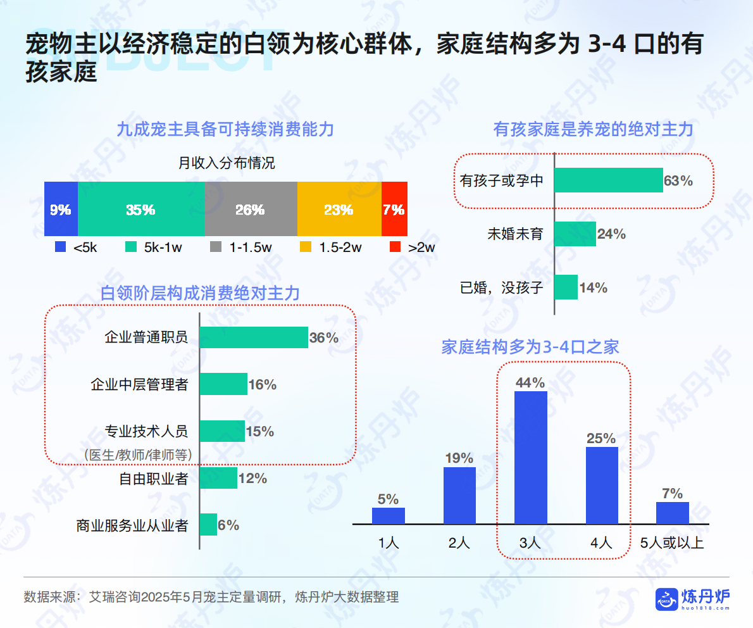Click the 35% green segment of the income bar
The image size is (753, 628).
point(141,209)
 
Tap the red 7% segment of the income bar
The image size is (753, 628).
point(394,209)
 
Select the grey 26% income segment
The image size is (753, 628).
point(251,209)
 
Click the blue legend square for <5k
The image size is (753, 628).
point(61,247)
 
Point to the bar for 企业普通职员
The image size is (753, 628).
point(253,337)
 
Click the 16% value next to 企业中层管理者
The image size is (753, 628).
point(262,384)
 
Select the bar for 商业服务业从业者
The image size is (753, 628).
point(208,525)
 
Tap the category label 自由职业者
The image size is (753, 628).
point(154,479)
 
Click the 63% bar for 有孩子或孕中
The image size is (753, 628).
point(608,180)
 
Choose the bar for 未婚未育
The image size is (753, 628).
point(575,234)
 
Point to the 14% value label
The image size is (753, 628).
point(594,288)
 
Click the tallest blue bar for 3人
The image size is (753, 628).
point(530,457)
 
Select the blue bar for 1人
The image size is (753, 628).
point(388,515)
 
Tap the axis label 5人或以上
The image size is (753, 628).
point(672,543)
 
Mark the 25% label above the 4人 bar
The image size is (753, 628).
point(601,438)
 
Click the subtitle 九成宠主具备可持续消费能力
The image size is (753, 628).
point(225,130)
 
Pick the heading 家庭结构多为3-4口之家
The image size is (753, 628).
point(530,347)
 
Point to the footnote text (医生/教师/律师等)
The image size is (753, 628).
point(138,455)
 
